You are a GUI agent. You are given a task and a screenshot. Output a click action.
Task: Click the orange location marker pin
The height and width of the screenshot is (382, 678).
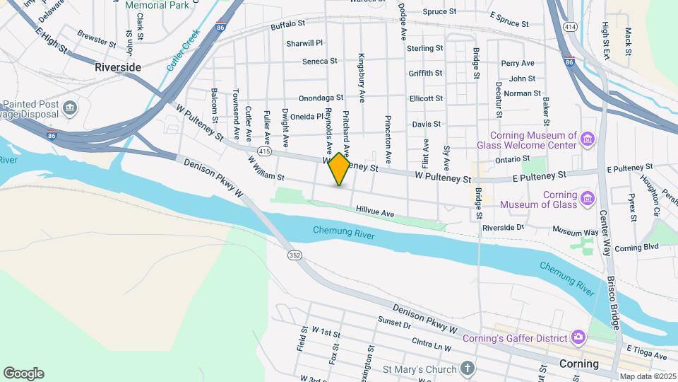340,169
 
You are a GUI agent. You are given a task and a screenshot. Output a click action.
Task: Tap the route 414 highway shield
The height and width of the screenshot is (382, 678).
569,26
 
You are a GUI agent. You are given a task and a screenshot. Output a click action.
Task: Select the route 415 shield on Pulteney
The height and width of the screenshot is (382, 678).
264,151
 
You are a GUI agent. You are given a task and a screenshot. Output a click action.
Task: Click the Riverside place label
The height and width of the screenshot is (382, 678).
118,67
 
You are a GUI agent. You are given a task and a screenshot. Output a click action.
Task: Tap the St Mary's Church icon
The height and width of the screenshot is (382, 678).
466,368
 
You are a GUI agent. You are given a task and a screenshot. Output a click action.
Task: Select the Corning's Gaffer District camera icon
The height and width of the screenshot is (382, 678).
579,337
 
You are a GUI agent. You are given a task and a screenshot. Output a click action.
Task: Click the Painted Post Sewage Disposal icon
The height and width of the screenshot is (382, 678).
70,108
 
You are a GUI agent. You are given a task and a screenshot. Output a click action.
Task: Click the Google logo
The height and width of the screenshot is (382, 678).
23,374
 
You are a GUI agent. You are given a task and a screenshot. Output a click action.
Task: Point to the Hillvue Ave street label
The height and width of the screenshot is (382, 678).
375,212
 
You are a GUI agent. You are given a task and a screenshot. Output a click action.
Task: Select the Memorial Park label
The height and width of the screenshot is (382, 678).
156,5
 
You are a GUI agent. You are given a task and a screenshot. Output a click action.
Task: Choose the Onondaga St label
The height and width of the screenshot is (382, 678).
321,98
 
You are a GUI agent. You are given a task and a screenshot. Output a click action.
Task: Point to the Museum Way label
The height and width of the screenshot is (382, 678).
576,231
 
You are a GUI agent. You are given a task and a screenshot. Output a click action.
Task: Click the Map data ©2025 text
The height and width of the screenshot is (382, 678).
647,376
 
